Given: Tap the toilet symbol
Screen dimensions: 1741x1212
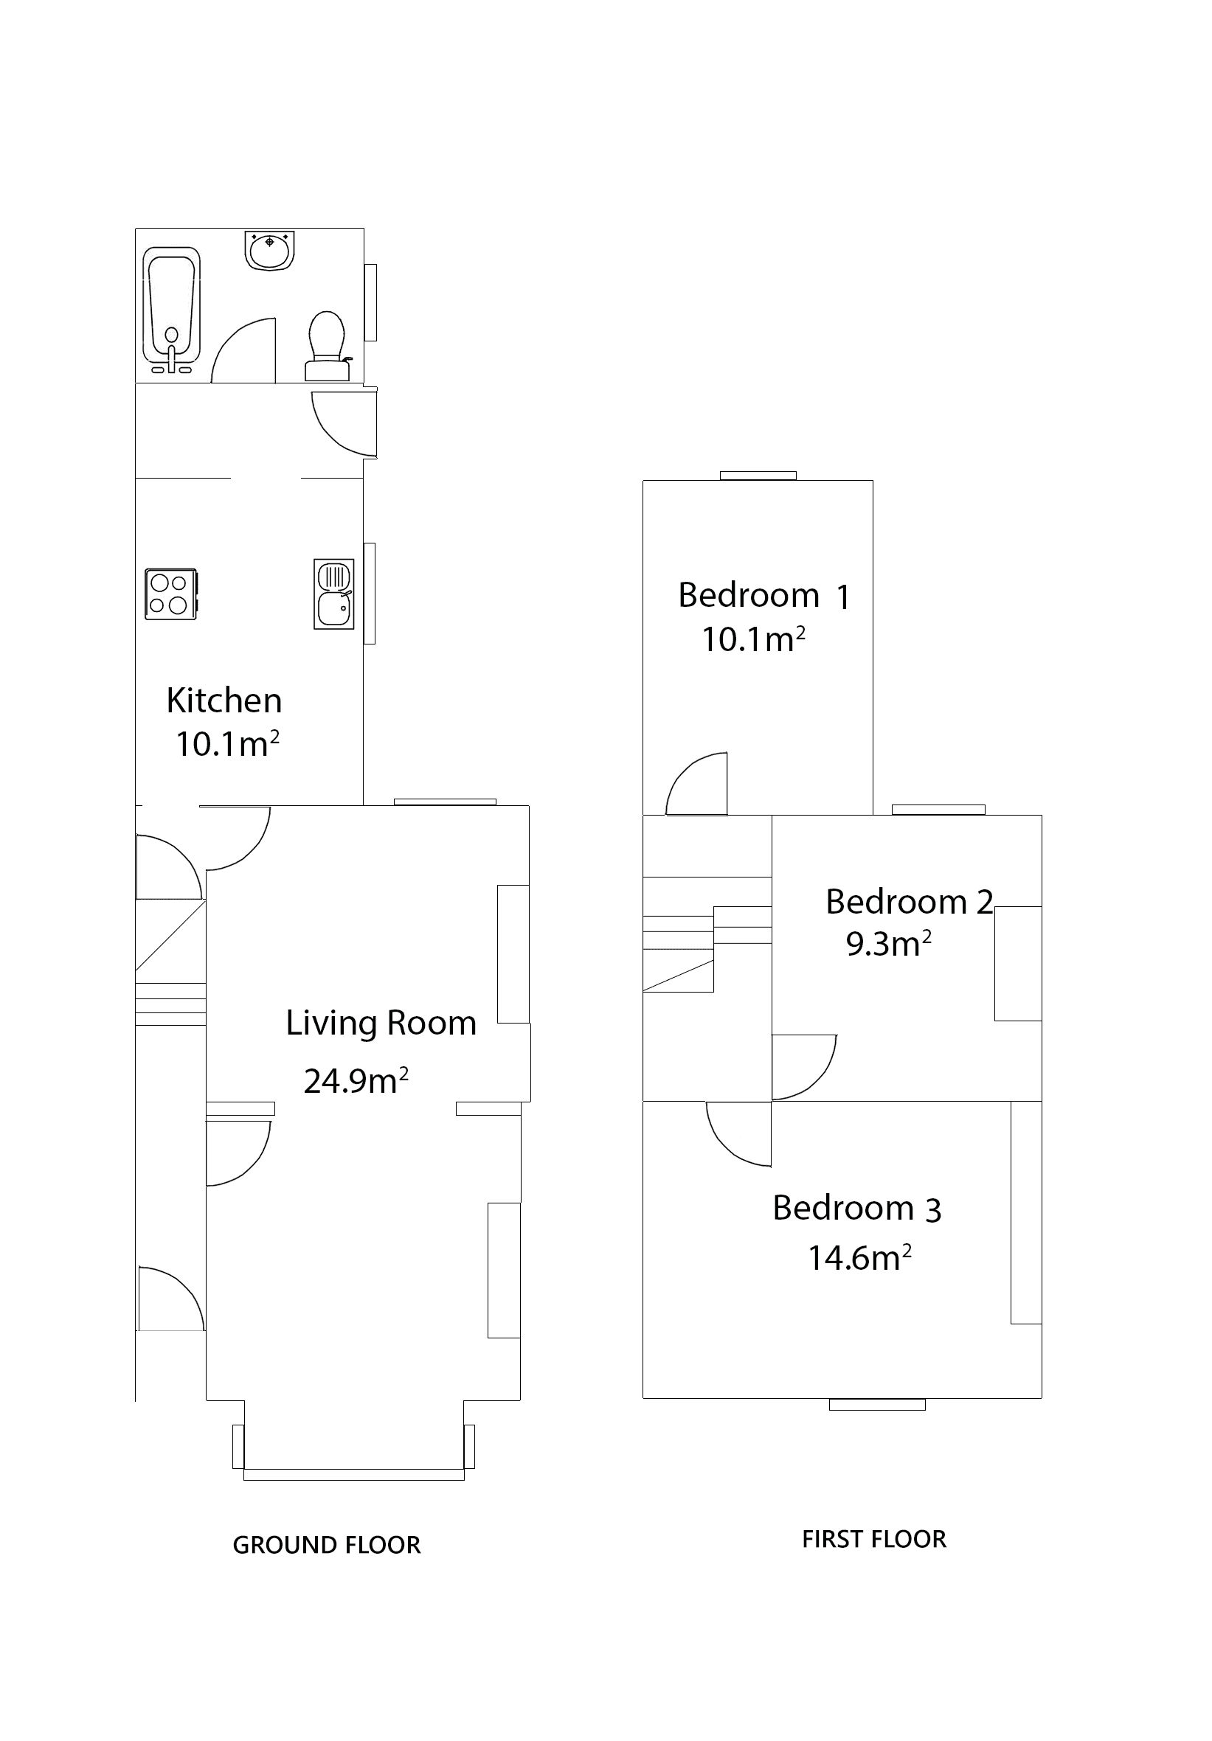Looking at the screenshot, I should click(327, 345).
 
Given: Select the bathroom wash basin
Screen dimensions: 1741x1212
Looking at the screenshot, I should click(269, 250).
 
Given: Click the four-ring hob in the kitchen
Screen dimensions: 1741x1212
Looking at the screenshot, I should click(170, 594).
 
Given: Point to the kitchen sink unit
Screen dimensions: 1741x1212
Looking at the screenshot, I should click(333, 594).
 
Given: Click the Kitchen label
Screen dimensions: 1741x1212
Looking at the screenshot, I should click(224, 700).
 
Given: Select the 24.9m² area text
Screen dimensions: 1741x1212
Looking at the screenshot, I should click(356, 1080).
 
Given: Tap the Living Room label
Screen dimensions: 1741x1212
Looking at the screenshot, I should click(381, 1022).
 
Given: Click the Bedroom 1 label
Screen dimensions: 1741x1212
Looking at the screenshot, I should click(763, 595).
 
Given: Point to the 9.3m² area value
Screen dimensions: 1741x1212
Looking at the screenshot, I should click(888, 943).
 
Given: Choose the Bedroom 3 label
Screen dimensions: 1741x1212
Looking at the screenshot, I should click(856, 1208).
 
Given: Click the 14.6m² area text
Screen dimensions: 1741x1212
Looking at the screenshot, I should click(859, 1257).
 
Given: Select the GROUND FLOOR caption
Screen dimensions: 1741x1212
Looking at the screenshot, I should click(326, 1546).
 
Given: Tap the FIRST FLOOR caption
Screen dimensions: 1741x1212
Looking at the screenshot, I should click(873, 1539).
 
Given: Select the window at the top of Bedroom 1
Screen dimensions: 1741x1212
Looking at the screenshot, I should click(758, 476).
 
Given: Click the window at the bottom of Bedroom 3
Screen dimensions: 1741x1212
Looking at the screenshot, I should click(877, 1405).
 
